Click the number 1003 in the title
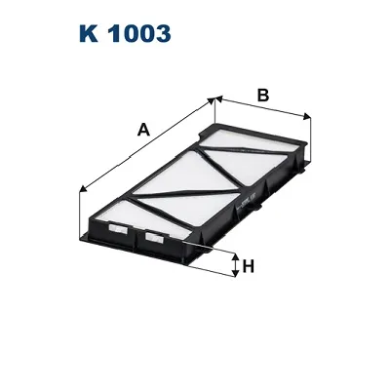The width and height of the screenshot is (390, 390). click(x=137, y=34)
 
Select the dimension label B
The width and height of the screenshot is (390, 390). click(x=261, y=95)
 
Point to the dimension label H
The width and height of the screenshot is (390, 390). click(x=249, y=265)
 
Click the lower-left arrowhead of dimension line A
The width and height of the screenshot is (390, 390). click(x=79, y=189)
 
